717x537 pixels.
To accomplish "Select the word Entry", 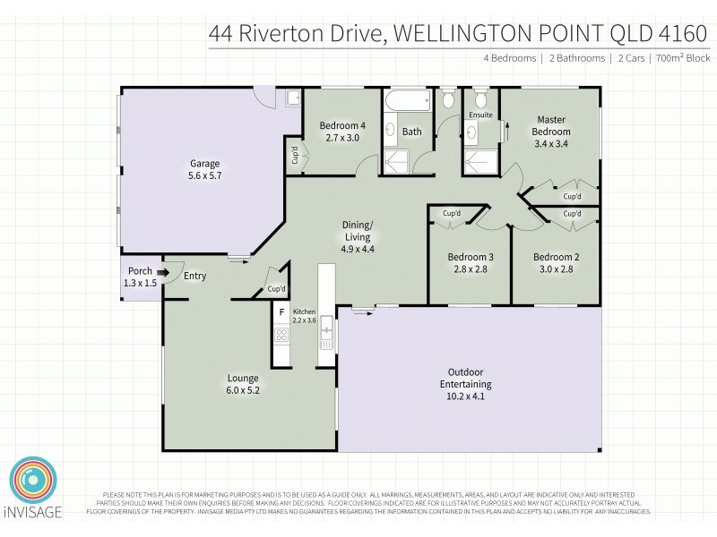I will pos(194,276).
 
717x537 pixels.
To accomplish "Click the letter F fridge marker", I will pos(281,311).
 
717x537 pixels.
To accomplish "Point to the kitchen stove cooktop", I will pos(281,336).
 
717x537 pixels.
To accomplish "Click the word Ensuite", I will pos(480,115).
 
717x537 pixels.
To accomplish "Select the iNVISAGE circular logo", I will pos(33,487).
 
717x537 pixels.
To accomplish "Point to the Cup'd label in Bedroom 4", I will pos(294,155).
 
